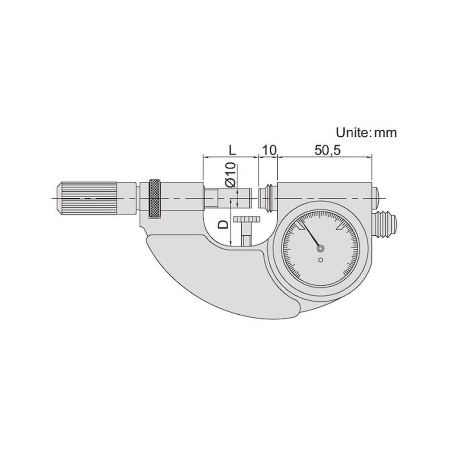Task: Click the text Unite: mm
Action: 366,133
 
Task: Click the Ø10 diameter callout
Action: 231,175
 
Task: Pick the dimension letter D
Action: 223,224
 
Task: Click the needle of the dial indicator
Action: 311,236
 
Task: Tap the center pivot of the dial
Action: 320,248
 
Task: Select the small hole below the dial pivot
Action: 320,259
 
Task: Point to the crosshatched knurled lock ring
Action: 154,198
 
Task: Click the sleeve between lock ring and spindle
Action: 181,198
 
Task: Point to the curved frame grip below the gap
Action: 216,276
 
